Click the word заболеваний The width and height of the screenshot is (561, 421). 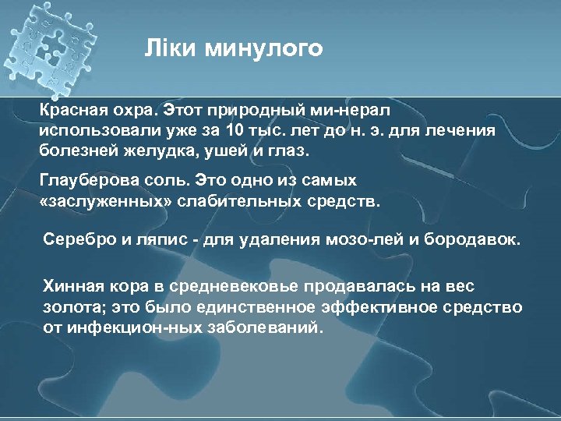(258, 327)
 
